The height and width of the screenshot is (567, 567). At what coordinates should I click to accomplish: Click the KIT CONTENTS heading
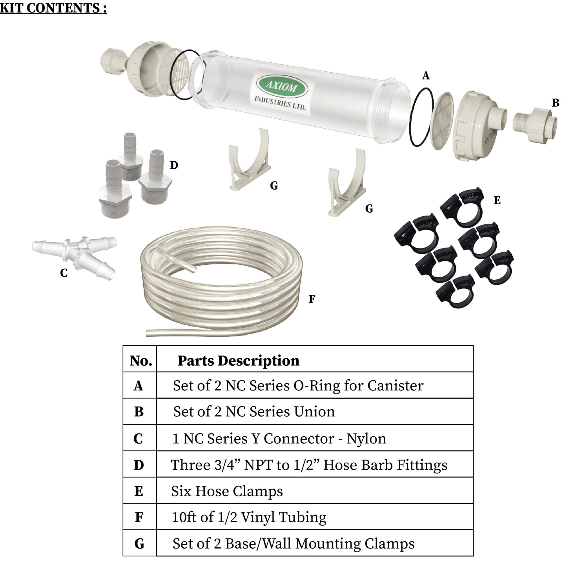(x=53, y=8)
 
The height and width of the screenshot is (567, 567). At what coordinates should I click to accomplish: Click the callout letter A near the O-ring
(x=426, y=76)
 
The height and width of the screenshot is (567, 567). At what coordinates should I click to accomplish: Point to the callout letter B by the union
(x=555, y=103)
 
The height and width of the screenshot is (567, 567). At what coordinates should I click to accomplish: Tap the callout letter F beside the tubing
(x=312, y=299)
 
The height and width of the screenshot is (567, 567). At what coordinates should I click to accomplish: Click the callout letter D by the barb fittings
(x=174, y=165)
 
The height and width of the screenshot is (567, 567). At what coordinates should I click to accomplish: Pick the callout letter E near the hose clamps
(x=497, y=201)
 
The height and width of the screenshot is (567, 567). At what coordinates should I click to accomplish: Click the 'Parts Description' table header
(x=238, y=360)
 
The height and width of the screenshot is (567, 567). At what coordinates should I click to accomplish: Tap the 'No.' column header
(x=140, y=360)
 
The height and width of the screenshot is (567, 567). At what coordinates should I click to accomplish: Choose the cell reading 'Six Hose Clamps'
(x=227, y=491)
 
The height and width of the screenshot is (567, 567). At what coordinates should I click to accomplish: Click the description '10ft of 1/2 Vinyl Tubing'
(x=249, y=517)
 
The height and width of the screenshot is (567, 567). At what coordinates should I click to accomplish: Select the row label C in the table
(x=138, y=438)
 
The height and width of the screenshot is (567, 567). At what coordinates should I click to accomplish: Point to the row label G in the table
(x=139, y=544)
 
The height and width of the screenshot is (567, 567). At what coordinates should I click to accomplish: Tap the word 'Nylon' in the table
(x=366, y=438)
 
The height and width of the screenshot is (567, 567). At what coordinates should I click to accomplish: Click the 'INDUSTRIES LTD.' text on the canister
(x=280, y=103)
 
